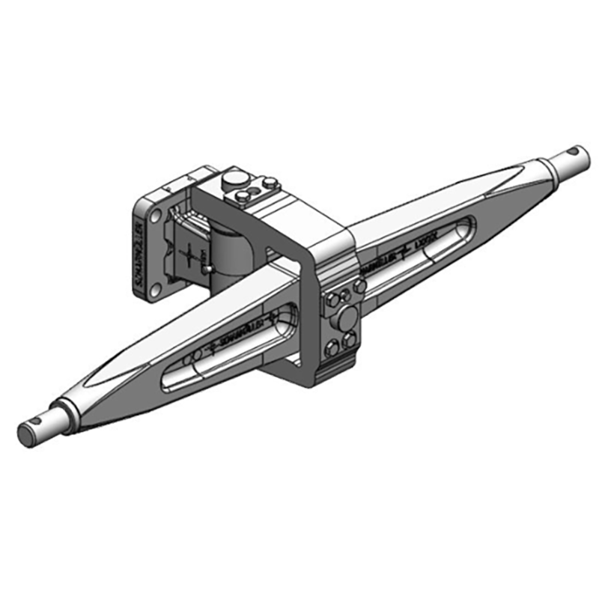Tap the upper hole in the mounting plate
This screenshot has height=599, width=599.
point(155,216)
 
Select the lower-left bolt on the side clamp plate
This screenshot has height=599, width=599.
point(332,348)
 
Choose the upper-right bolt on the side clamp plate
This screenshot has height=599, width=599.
point(360,286)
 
